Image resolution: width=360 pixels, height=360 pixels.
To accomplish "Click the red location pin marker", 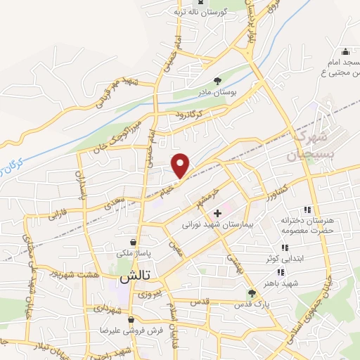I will pos(181,165).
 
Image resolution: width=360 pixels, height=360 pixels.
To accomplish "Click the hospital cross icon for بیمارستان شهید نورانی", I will pos(217,212).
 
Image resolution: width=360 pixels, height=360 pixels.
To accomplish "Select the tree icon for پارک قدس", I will pos(252,293).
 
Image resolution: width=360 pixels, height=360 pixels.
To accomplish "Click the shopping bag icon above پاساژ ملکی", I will pos(133,242).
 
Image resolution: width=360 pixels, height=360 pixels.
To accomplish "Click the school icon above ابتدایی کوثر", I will pos(284,247).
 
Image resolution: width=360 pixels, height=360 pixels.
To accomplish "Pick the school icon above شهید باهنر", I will pos(281,272).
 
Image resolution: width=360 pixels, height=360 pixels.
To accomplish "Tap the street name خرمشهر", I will pos(209,192).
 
